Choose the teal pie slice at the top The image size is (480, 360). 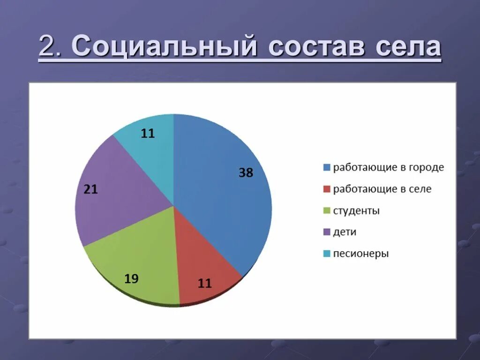point(150,145)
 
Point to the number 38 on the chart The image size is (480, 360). point(246,173)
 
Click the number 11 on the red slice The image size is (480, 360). point(205,283)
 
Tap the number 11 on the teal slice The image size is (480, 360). point(148,134)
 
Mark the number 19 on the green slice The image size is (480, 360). point(131,279)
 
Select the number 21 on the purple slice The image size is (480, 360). point(90,190)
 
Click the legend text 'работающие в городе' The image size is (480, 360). point(389,167)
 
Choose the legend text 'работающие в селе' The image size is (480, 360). point(382,189)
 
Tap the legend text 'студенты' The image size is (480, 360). point(356,211)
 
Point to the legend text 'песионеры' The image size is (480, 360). point(361,254)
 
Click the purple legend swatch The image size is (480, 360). point(327,232)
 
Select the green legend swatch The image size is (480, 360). point(327,211)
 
